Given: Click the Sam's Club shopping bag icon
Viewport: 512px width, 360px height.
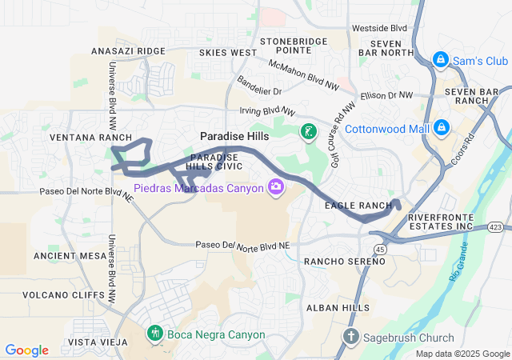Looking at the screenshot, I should (440, 60).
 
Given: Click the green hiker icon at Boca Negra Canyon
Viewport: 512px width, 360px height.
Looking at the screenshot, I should (155, 332).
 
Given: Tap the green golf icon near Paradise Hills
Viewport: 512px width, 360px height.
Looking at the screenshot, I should (307, 131).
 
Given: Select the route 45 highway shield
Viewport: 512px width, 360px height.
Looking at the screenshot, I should (379, 250).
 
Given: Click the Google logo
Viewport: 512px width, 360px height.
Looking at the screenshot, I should (27, 350).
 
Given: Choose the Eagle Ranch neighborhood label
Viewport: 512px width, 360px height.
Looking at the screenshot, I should (358, 206).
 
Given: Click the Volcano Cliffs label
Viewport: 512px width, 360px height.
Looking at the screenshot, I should (64, 294).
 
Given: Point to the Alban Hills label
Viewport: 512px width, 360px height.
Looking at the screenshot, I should (338, 307).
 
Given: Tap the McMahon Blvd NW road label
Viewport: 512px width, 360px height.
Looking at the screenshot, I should (303, 74).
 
